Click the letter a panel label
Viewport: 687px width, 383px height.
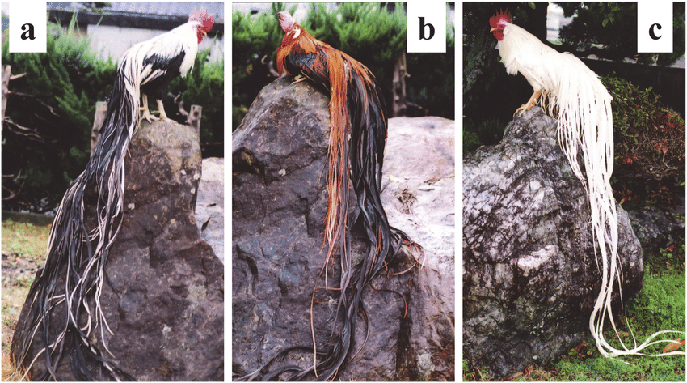click(27, 32)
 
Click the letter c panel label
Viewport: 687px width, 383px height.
click(655, 31)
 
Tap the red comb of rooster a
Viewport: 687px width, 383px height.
click(201, 19)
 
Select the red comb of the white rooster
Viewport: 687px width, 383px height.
click(499, 18)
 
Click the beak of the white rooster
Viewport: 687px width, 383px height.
click(492, 30)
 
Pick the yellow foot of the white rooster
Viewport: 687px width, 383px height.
click(527, 105)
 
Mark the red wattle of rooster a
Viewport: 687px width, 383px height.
click(200, 35)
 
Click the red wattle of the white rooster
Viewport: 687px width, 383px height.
click(499, 35)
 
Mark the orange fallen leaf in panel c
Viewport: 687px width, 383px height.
click(672, 346)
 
